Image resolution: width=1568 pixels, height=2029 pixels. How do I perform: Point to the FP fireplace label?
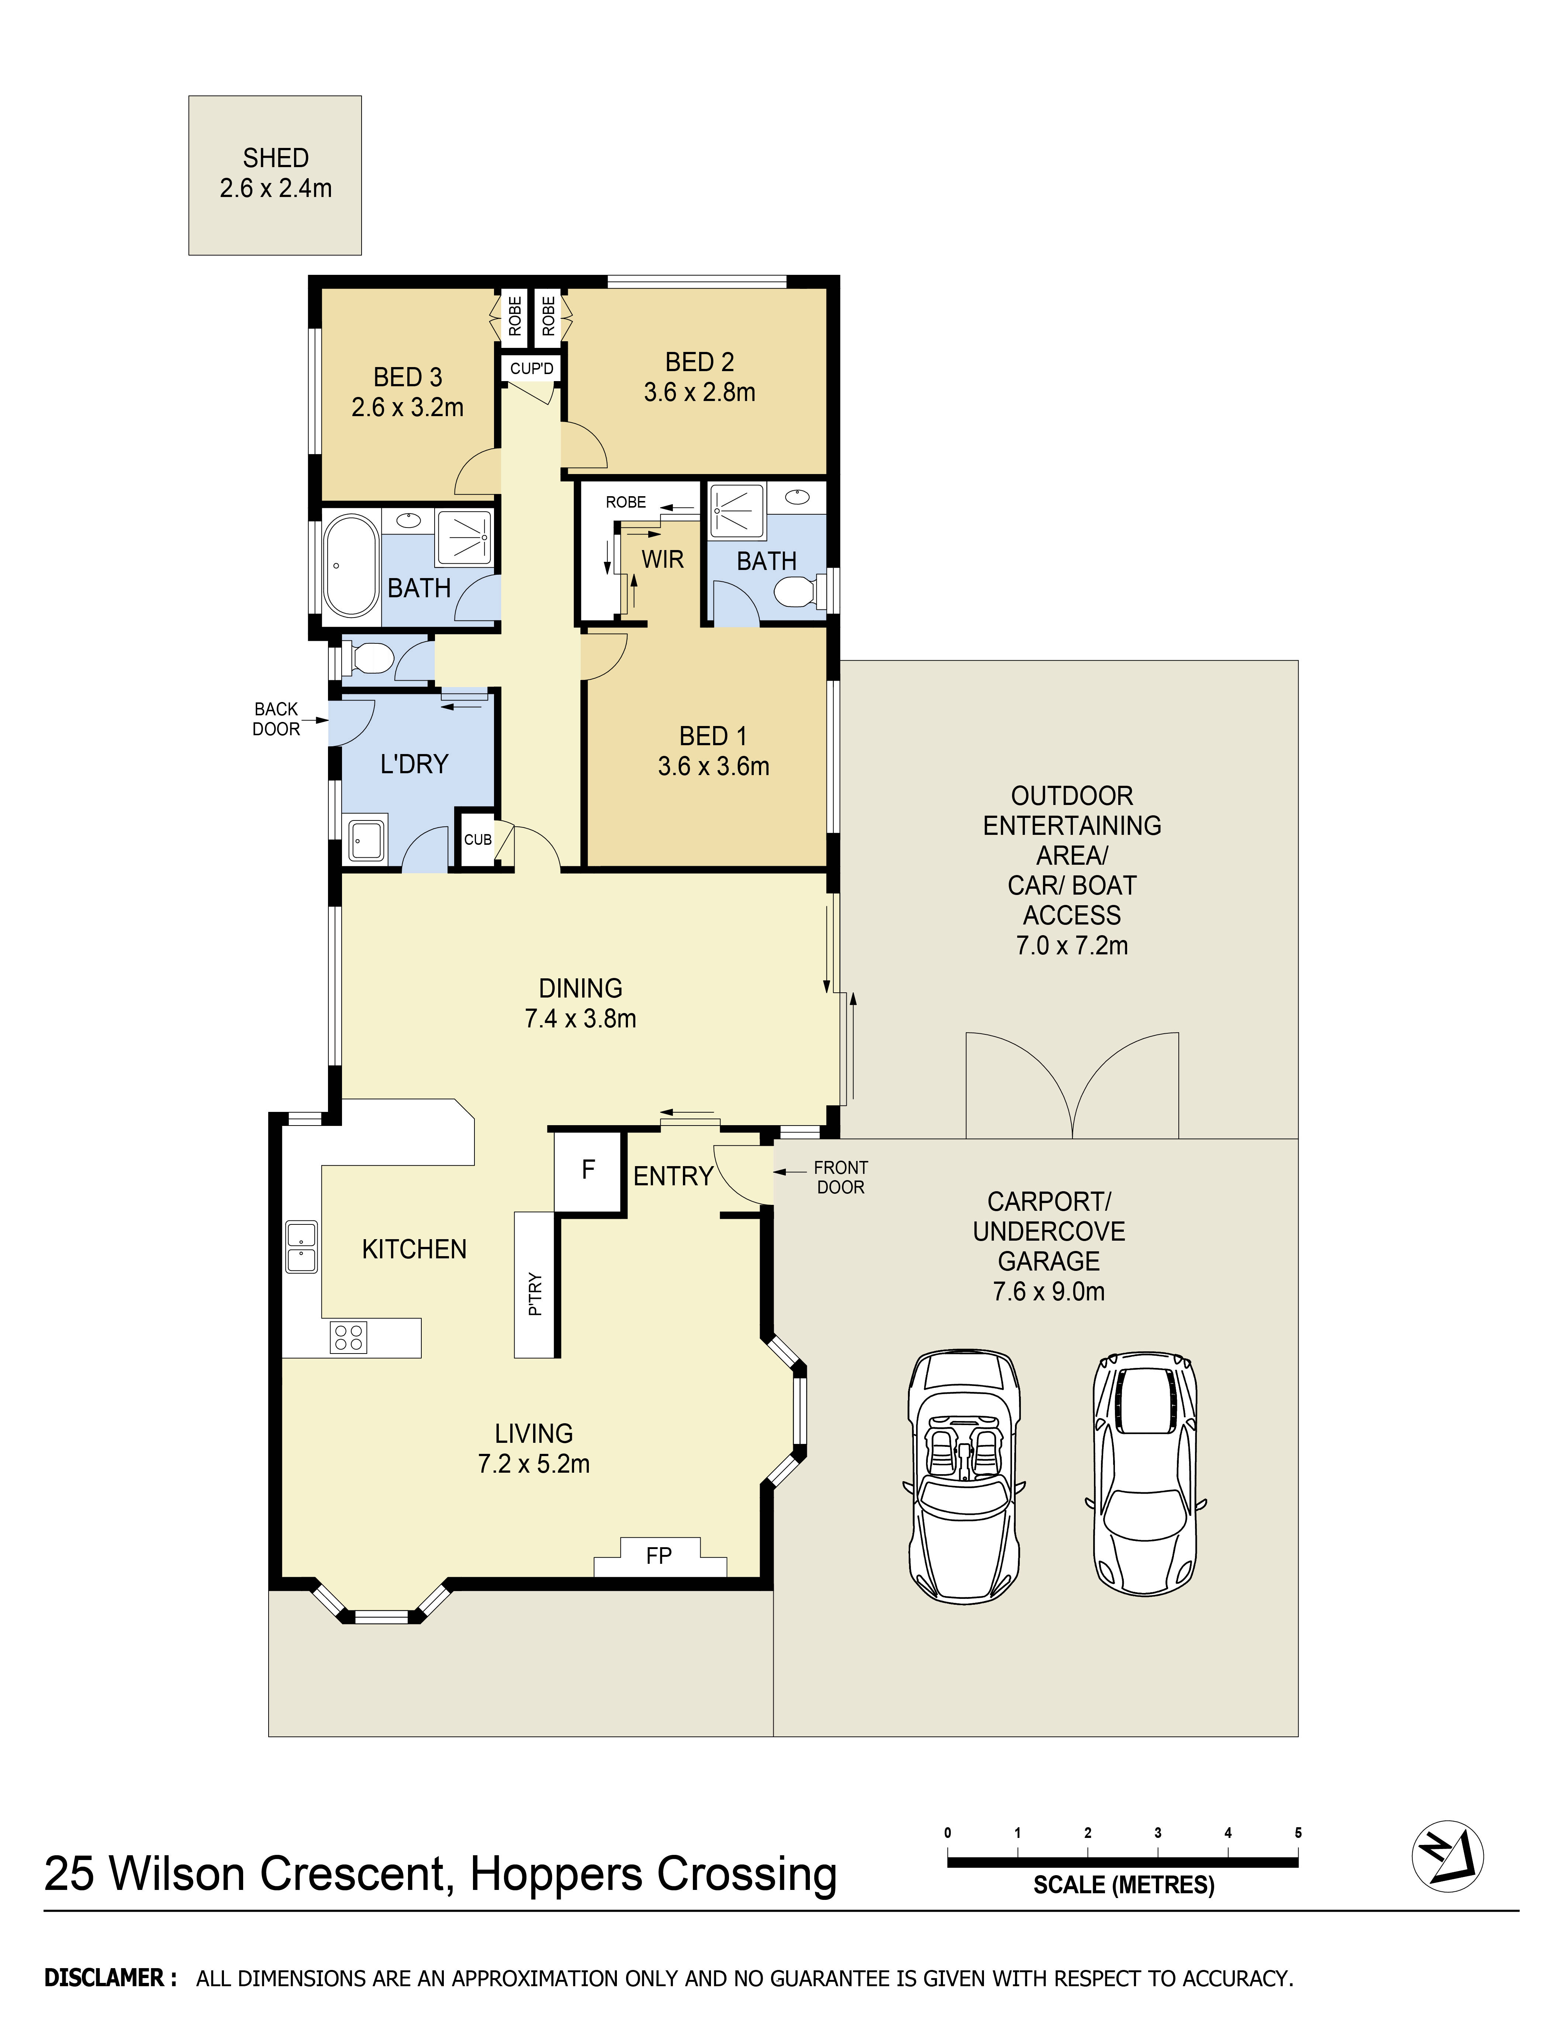(x=659, y=1555)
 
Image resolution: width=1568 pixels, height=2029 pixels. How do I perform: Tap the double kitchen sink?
(x=301, y=1247)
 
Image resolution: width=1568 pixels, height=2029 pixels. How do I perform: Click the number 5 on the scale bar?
(x=1298, y=1833)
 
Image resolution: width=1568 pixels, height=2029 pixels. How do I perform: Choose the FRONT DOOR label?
(x=841, y=1177)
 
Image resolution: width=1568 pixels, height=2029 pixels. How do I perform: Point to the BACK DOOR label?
(x=276, y=719)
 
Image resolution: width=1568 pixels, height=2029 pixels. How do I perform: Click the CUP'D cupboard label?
(x=531, y=369)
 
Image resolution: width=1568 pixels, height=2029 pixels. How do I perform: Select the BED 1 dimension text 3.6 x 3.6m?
(x=714, y=767)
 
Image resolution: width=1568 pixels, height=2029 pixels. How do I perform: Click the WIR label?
(x=662, y=559)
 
